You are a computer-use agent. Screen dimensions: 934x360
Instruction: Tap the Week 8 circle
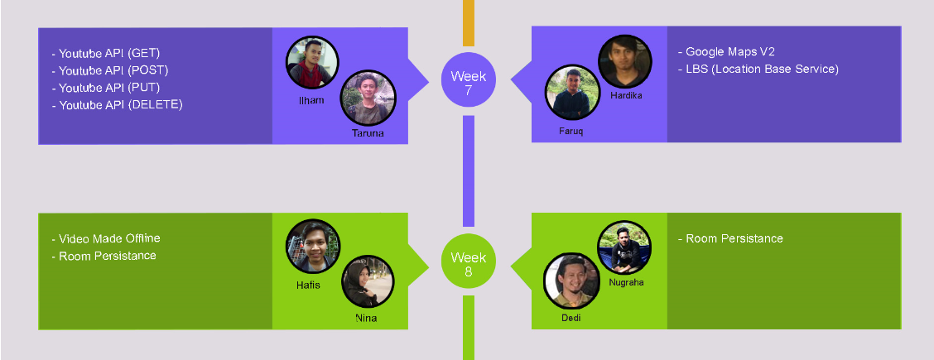tap(468, 263)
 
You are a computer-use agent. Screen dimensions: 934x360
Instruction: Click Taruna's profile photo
tap(368, 98)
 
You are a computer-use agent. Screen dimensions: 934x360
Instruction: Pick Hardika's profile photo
tap(625, 61)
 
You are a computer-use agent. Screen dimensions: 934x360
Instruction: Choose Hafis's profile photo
tap(313, 247)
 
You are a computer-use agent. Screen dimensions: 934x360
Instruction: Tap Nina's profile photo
tap(368, 281)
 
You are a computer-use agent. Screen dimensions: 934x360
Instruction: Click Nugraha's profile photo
tap(625, 247)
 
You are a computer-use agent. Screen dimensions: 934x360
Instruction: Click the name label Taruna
tap(368, 133)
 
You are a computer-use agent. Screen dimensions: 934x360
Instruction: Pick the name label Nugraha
tap(626, 282)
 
